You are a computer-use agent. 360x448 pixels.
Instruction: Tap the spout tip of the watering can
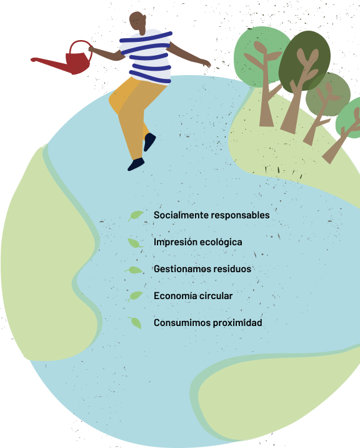32,59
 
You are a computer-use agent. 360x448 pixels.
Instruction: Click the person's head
138,21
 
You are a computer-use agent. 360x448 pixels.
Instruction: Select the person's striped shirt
146,56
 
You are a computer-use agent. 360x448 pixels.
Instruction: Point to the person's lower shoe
136,164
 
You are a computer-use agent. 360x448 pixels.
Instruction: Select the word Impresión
175,242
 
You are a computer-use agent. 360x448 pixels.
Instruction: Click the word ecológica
221,242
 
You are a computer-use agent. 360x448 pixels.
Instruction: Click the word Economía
175,296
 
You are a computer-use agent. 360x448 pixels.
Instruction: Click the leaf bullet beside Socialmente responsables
136,215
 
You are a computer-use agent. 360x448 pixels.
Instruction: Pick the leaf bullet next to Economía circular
136,296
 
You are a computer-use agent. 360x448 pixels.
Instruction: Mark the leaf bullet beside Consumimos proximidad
136,323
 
